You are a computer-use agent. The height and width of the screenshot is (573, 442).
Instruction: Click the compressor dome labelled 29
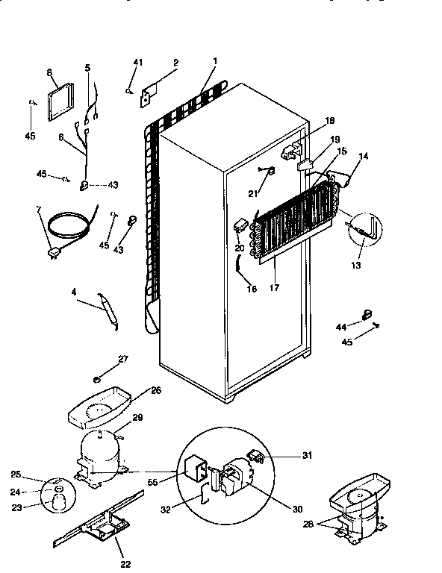[101, 451]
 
